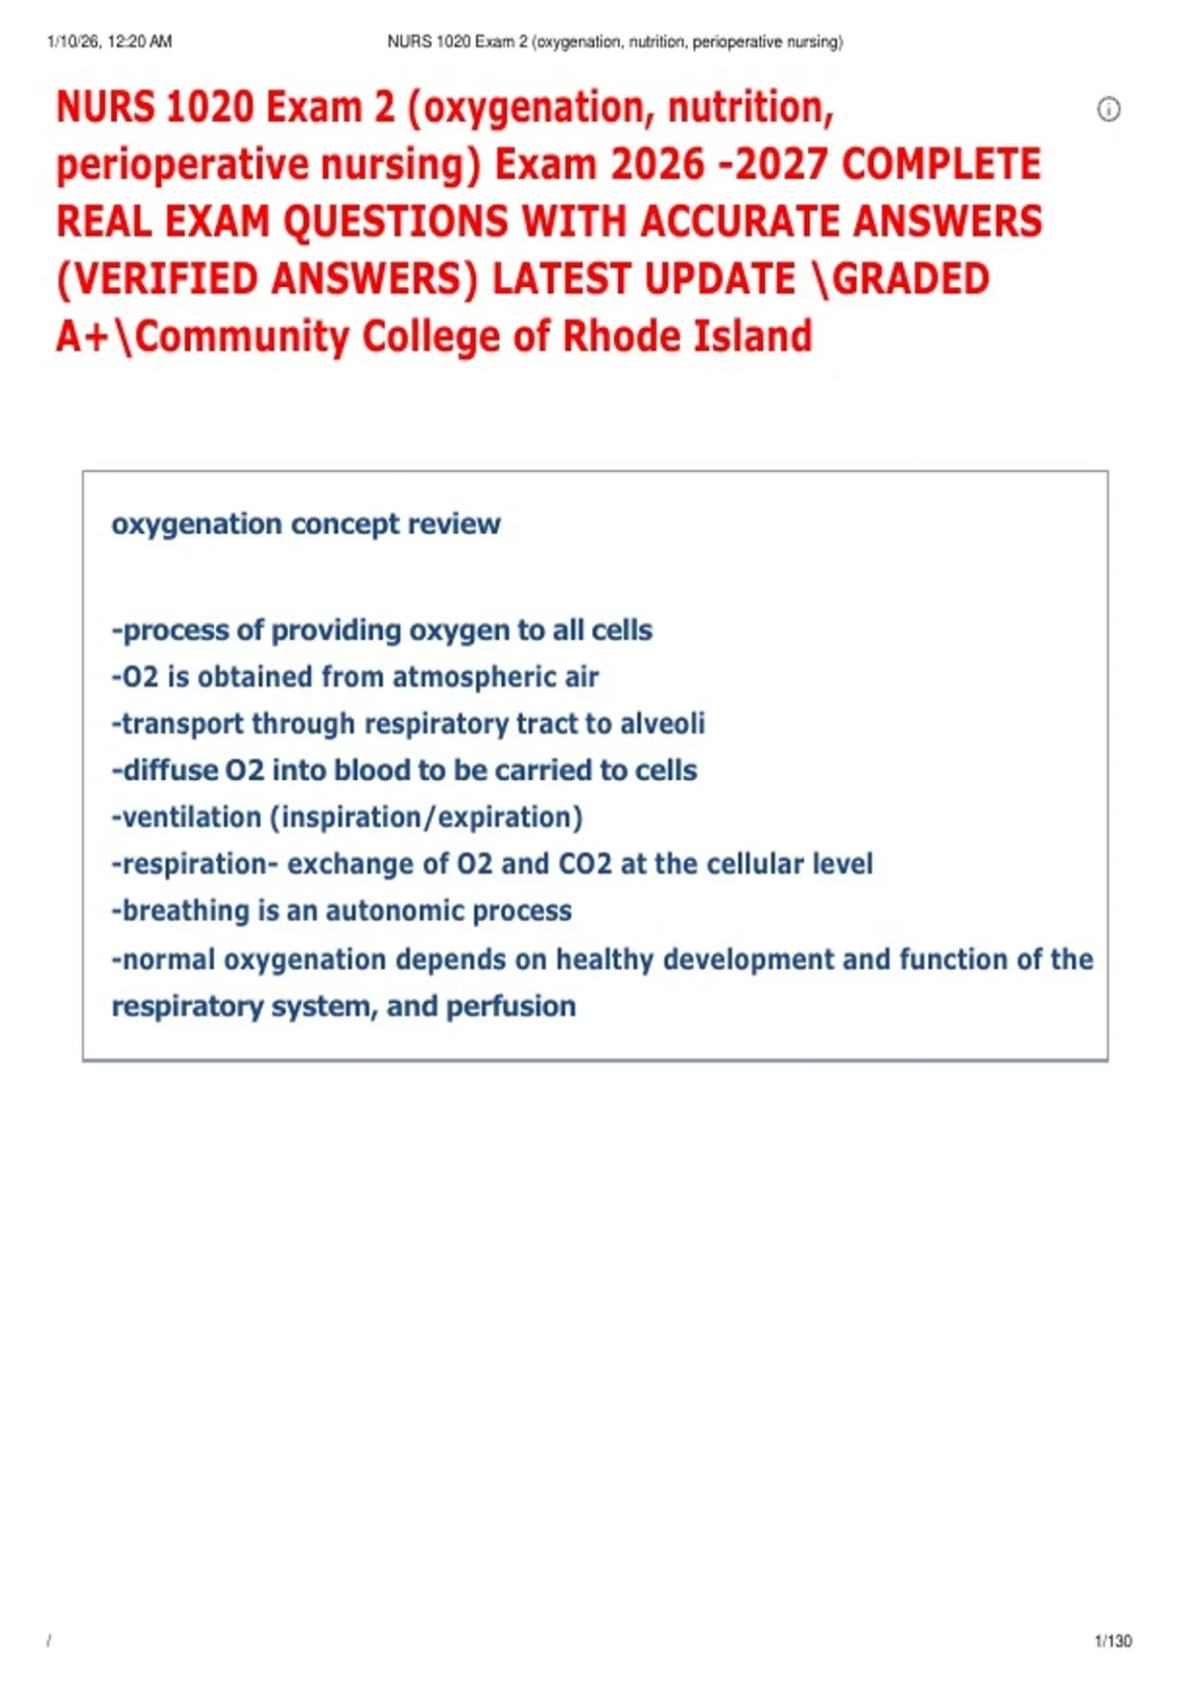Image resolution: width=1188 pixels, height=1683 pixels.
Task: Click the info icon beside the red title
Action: point(1109,110)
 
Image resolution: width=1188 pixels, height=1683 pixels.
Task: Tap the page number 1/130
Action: point(1113,1641)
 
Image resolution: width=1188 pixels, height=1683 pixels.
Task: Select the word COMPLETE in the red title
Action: point(940,165)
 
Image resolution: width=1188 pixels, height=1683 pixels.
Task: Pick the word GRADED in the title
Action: point(911,279)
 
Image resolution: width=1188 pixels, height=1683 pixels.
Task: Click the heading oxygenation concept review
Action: point(306,525)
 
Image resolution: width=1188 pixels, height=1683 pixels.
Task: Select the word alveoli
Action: point(662,724)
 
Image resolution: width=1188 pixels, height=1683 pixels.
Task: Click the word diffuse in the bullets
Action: point(170,771)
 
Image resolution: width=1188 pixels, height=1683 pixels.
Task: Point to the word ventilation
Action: point(192,818)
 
